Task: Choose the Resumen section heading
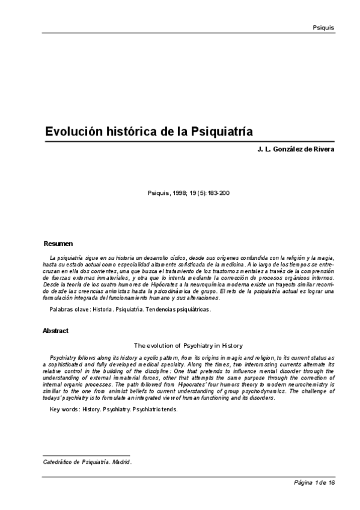tap(58, 244)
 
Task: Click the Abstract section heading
tap(55, 331)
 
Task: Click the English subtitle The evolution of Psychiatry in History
tap(188, 345)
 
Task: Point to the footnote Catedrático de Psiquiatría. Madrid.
tap(88, 462)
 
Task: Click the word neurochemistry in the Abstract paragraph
tap(294, 384)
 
